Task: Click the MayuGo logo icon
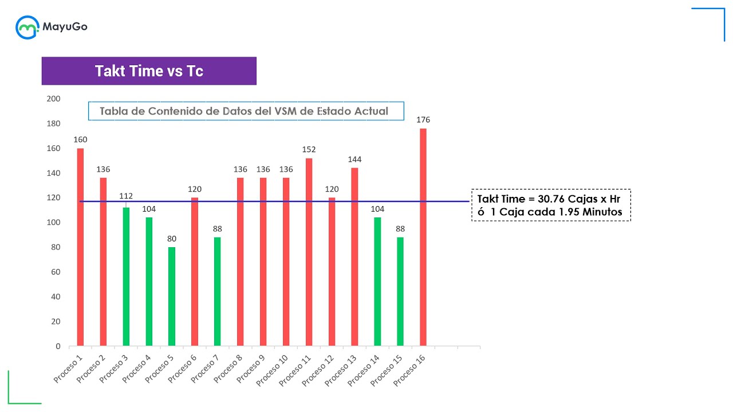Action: (27, 27)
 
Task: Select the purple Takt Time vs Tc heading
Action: (149, 71)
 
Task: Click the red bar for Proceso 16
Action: (423, 237)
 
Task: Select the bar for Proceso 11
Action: (309, 252)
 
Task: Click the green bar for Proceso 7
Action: (218, 291)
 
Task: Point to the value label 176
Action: (423, 120)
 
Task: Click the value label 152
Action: (309, 150)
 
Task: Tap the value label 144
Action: (354, 160)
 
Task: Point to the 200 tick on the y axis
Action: (53, 99)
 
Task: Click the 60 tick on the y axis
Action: (56, 272)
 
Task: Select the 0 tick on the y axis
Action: (58, 346)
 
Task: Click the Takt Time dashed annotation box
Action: (551, 205)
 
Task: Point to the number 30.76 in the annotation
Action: (551, 199)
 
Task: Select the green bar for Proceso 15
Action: (400, 291)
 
